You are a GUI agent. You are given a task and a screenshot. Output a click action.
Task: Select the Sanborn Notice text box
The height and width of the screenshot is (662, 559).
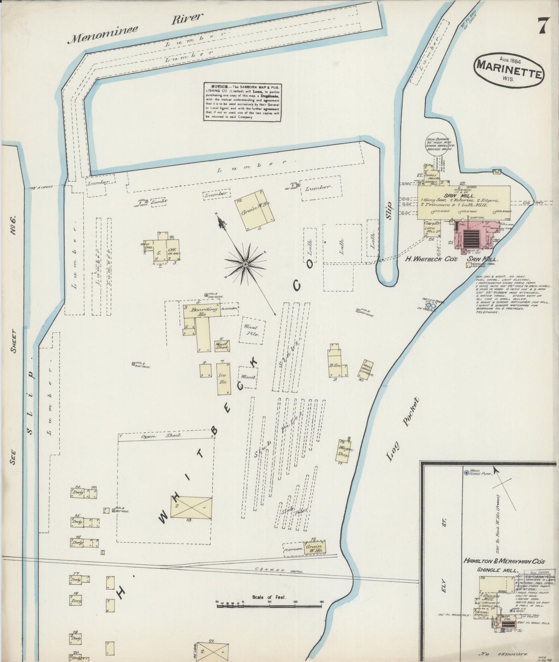tap(242, 101)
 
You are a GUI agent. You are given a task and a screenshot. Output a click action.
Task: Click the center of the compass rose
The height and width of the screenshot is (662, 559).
tap(245, 264)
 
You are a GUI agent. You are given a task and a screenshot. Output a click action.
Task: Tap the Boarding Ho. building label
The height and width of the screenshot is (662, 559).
tap(201, 311)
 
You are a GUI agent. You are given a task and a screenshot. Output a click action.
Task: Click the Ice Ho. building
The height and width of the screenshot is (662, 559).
tap(224, 378)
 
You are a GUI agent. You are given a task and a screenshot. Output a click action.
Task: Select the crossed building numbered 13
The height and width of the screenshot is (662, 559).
tap(191, 507)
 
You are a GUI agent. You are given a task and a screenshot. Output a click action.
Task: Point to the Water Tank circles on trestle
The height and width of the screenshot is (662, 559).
tap(432, 306)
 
